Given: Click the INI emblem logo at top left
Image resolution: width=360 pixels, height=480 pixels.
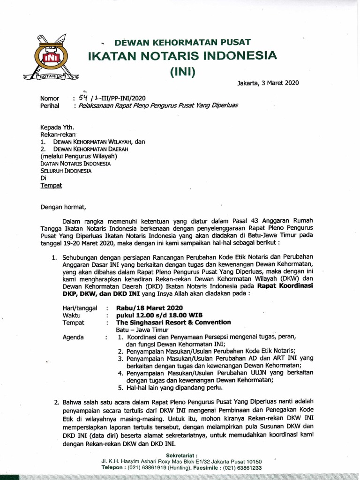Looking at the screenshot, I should pyautogui.click(x=50, y=57).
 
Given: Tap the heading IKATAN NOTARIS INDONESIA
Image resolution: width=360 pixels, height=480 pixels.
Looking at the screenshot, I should pyautogui.click(x=183, y=56).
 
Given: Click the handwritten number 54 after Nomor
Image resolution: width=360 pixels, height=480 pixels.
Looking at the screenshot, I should pyautogui.click(x=83, y=98).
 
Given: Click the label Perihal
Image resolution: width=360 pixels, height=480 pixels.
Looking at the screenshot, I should pyautogui.click(x=50, y=106).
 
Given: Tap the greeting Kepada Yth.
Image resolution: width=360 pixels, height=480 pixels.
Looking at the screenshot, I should pyautogui.click(x=57, y=127).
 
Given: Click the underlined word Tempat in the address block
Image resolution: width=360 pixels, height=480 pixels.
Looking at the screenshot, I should pyautogui.click(x=51, y=185).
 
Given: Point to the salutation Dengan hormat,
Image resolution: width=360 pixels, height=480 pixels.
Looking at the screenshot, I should pyautogui.click(x=64, y=206).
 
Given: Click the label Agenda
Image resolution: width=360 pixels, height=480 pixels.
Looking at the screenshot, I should pyautogui.click(x=73, y=337).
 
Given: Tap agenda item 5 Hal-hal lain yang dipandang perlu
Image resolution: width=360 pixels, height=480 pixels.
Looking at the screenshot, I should pyautogui.click(x=170, y=388).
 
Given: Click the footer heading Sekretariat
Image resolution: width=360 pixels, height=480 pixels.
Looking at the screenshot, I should pyautogui.click(x=182, y=455).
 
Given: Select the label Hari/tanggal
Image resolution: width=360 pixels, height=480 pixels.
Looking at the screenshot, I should pyautogui.click(x=80, y=308).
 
